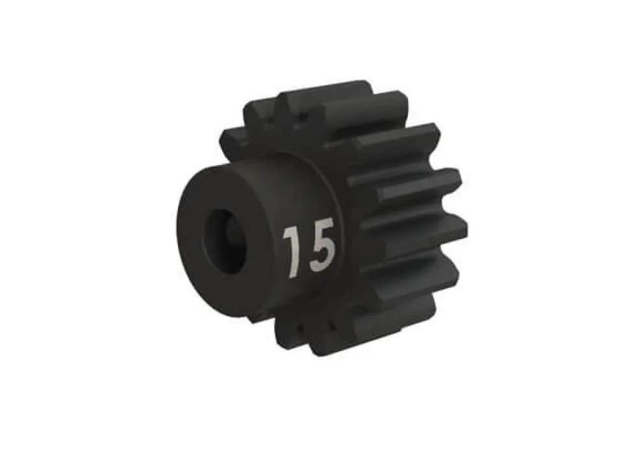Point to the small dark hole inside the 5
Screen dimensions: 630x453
tap(321, 254)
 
